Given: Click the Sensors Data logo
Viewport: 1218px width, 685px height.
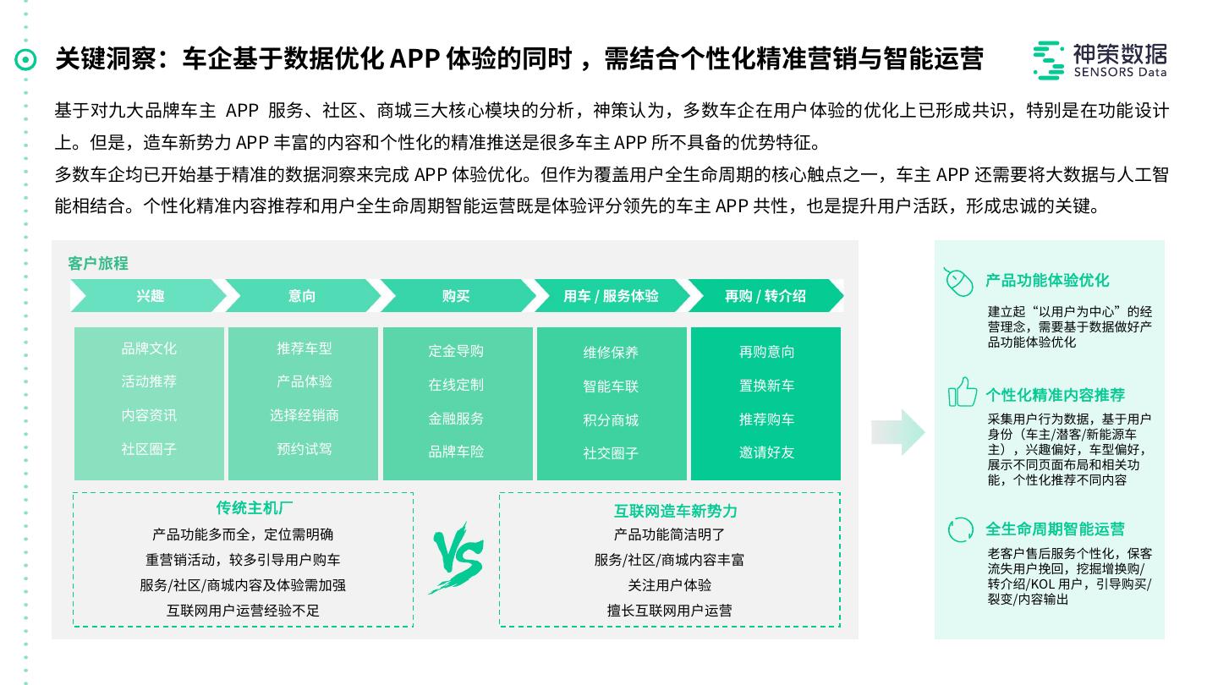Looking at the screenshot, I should coord(1099,59).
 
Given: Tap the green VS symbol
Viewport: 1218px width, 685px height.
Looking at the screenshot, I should coord(457,559).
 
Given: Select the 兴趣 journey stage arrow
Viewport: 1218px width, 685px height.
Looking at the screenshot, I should coord(150,296).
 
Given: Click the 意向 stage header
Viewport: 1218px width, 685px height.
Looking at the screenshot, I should coord(302,296).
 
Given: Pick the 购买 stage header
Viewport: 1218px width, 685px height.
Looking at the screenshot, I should coord(456,296).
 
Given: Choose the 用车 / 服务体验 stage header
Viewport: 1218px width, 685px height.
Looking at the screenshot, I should coord(611,296).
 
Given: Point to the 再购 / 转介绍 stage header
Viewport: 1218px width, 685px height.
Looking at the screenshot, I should coord(765,296).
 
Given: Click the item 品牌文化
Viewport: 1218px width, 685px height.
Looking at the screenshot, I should coord(149,348).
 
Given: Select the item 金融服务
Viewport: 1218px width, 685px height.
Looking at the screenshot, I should coord(456,419).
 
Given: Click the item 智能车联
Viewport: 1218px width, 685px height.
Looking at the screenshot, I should coord(611,386).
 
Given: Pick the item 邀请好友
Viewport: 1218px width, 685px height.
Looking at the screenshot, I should coord(766,452).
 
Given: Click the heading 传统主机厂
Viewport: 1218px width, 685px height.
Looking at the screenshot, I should coord(243,508).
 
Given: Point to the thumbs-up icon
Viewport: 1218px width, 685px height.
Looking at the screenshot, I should coord(962,393).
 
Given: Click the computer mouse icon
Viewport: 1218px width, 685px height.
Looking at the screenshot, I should coord(958,282).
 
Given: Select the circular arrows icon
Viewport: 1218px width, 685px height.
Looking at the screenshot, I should coord(960,529).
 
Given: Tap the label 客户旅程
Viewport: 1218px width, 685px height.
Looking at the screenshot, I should coord(98,264).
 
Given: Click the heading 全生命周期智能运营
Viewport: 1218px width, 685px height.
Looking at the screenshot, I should coord(1055,529).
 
